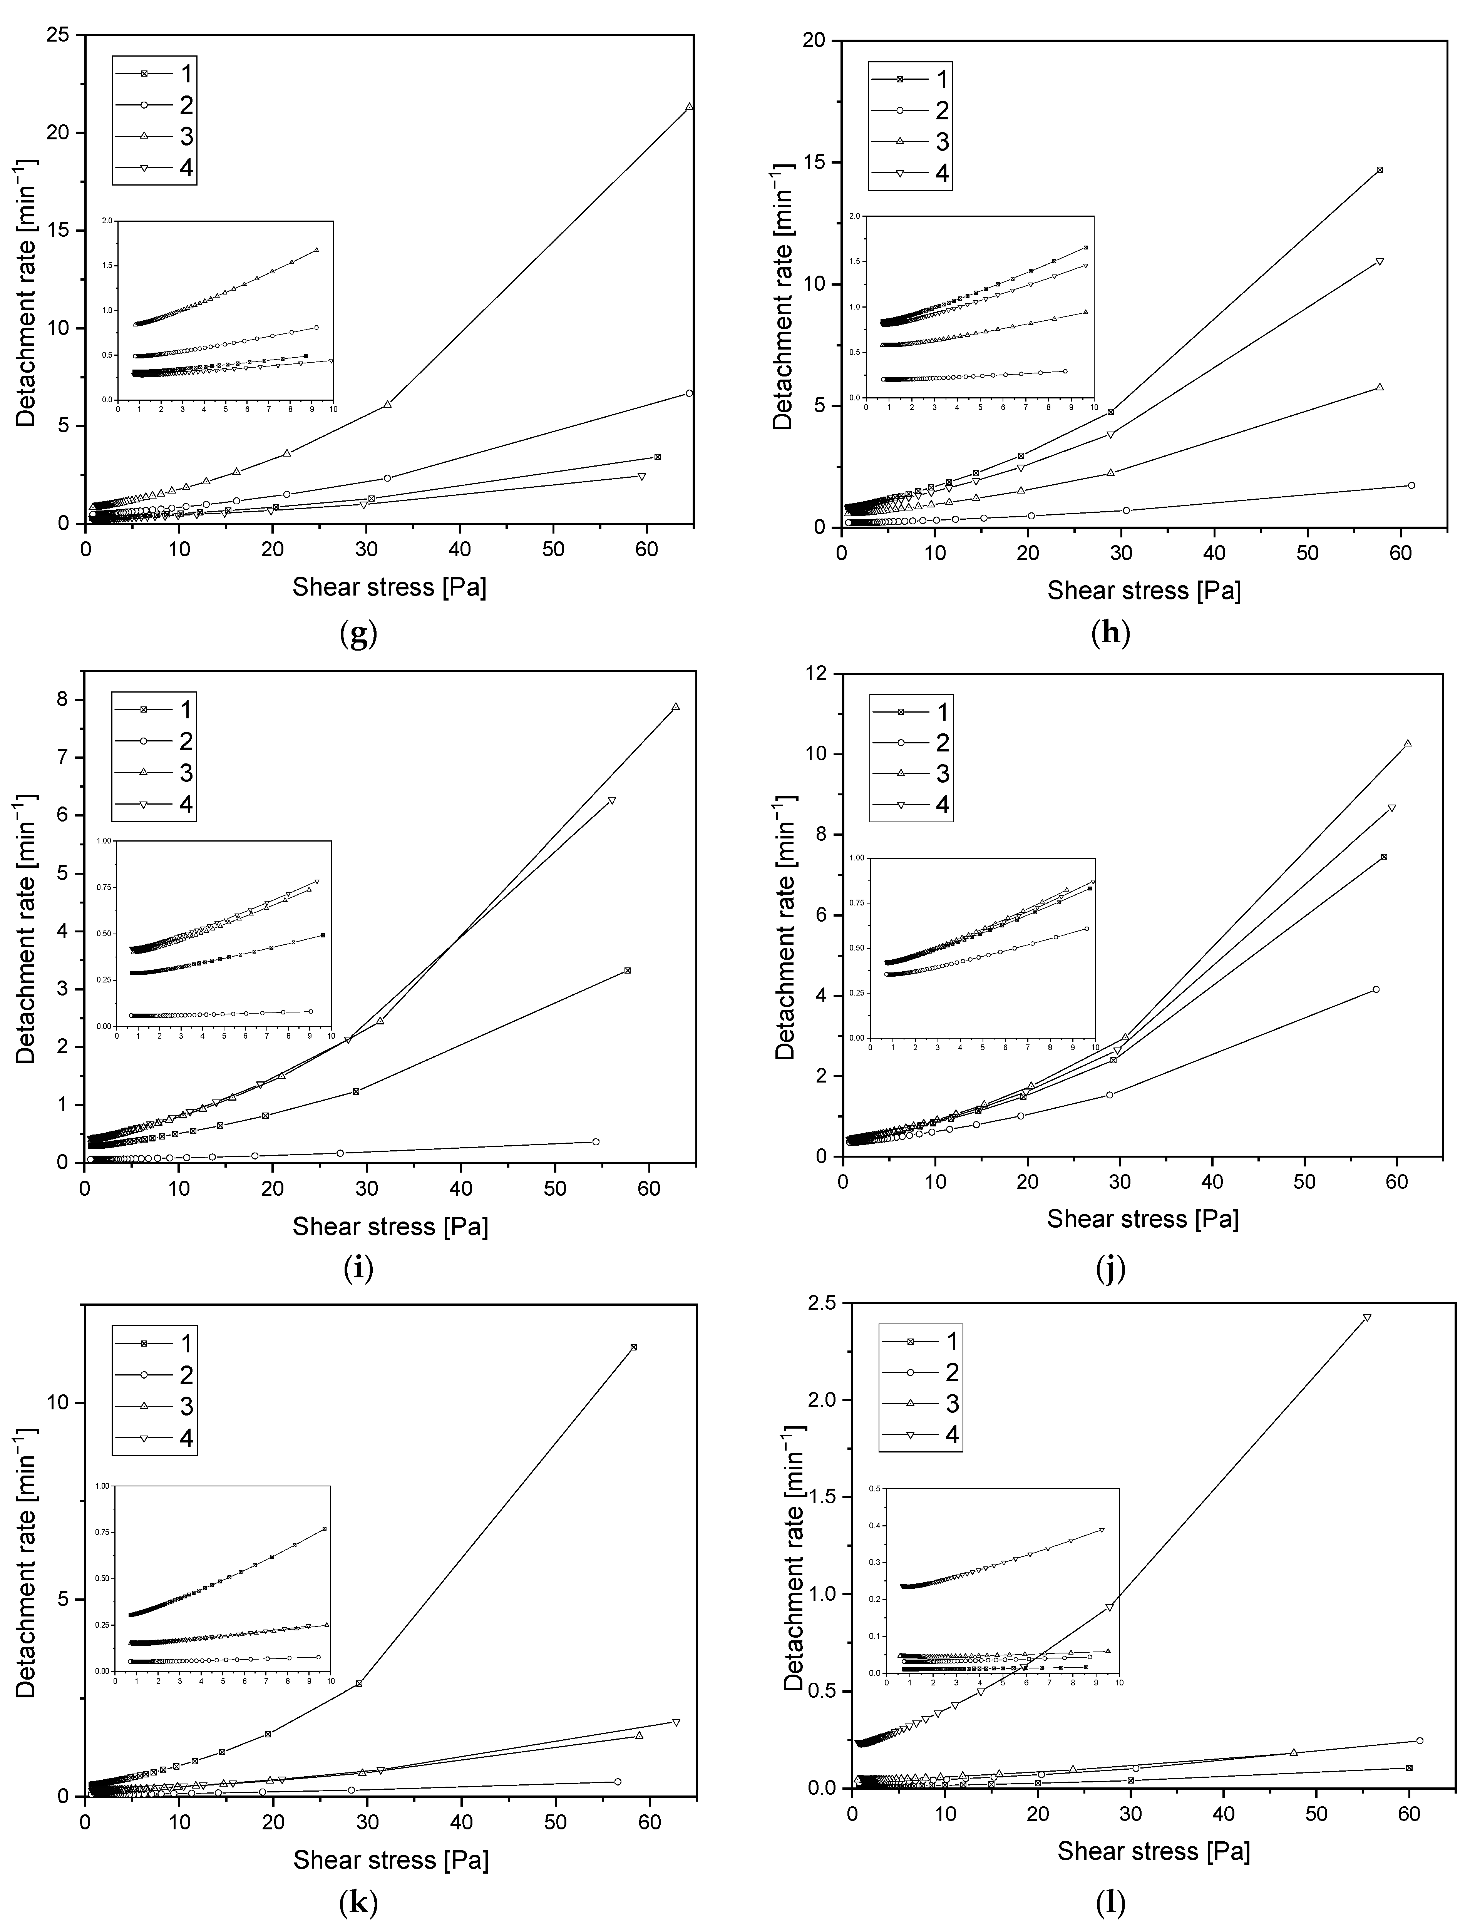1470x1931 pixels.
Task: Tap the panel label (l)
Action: click(1110, 1901)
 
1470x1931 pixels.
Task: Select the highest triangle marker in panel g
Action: click(690, 107)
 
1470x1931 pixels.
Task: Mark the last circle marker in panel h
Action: click(1410, 485)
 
